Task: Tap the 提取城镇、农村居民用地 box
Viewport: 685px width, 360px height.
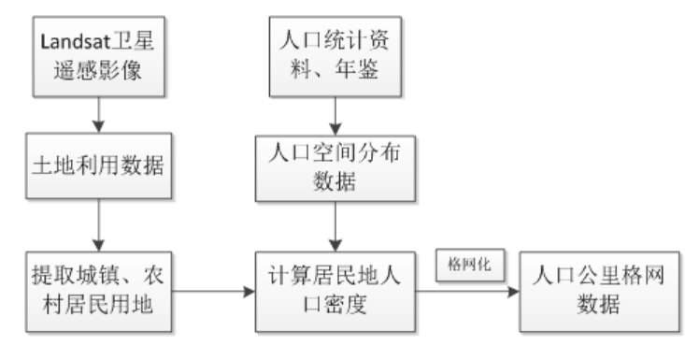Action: point(97,291)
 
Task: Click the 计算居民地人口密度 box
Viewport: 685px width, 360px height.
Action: point(334,291)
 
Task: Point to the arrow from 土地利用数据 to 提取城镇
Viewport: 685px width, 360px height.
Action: point(97,229)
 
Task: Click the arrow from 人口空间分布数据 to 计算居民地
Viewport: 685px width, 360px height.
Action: point(334,229)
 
